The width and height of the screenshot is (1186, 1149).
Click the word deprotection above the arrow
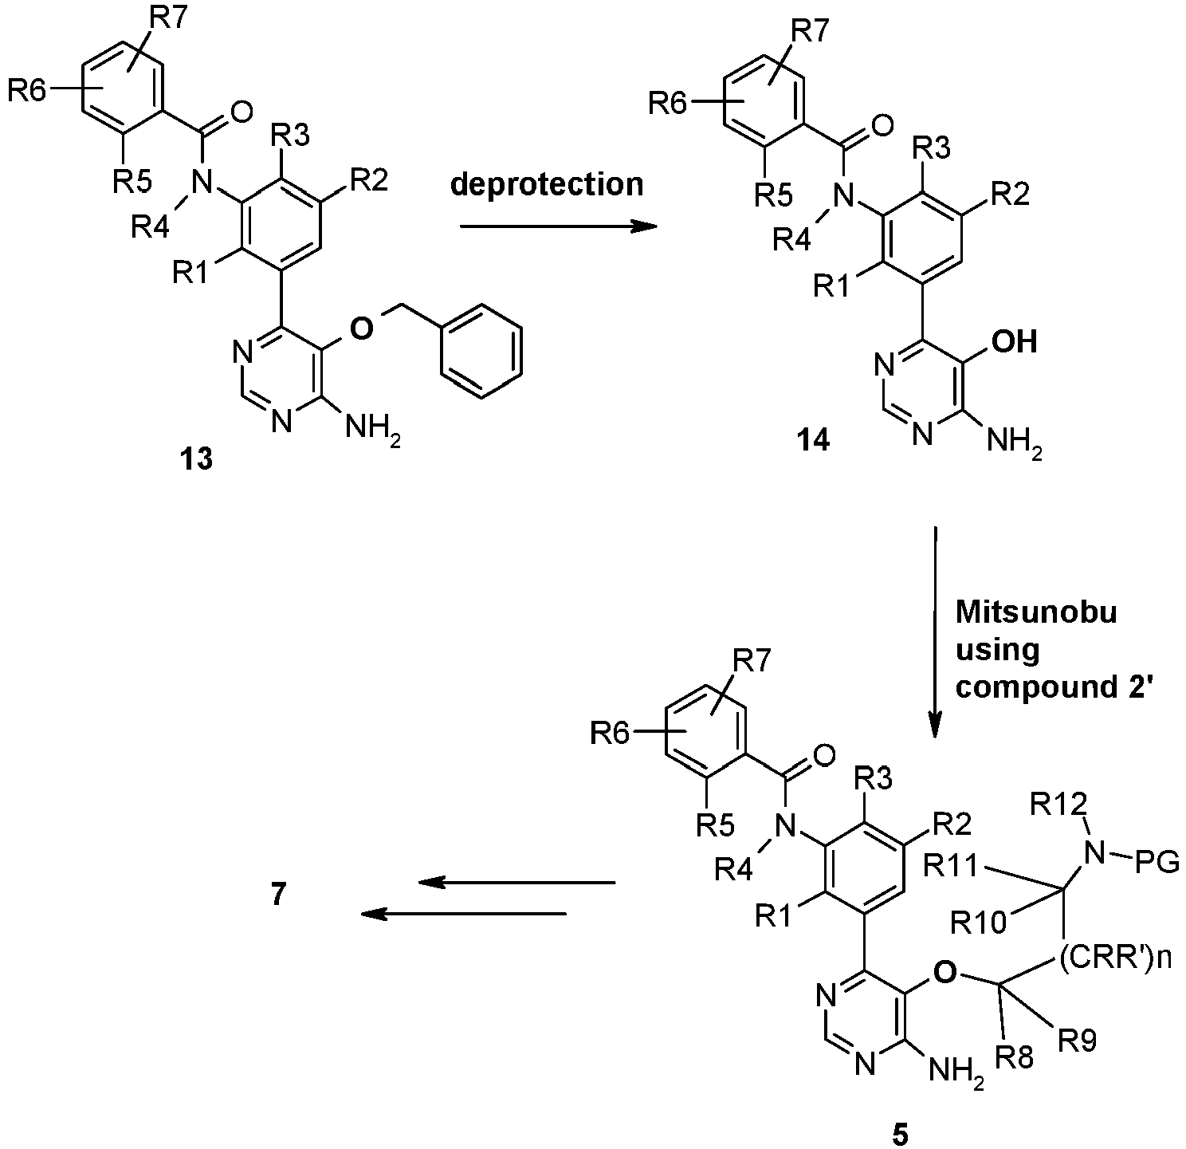coord(547,185)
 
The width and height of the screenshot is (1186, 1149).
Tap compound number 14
coord(815,440)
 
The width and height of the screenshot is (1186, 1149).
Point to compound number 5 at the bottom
coord(900,1134)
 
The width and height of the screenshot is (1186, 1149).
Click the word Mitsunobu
coord(1036,612)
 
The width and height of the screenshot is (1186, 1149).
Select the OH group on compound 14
coord(1014,341)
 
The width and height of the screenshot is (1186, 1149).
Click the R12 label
coord(1058,806)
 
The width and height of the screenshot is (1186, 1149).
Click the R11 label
coord(951,866)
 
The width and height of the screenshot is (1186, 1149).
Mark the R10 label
coord(979,923)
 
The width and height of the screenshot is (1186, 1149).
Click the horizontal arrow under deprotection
coord(558,226)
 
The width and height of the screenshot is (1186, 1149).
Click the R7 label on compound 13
coord(169,20)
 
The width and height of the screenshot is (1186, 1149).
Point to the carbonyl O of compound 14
coord(882,127)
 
